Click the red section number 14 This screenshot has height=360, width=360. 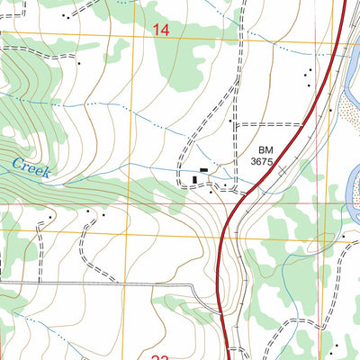coord(161,30)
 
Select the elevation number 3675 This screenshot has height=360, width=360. coord(262,163)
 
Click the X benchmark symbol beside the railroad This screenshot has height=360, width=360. coord(283,168)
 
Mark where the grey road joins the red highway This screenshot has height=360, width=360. coord(221,315)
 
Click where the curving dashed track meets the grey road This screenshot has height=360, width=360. coord(82,282)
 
